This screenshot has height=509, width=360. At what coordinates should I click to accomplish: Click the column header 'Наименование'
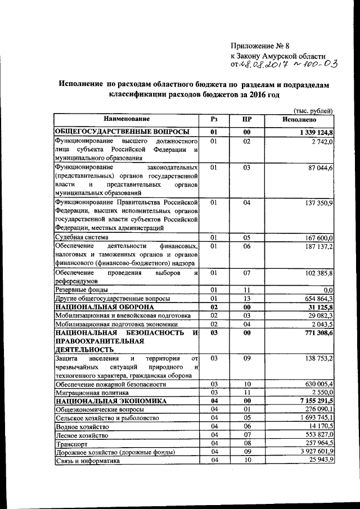126,119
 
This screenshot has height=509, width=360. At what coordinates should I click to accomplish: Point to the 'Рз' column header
214,119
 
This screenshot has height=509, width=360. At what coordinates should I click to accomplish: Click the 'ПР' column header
246,119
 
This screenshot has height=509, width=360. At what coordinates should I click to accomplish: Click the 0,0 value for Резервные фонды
328,290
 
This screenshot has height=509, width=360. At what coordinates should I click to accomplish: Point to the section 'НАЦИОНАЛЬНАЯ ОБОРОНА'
104,308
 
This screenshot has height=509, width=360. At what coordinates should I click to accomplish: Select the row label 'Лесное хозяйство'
81,435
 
